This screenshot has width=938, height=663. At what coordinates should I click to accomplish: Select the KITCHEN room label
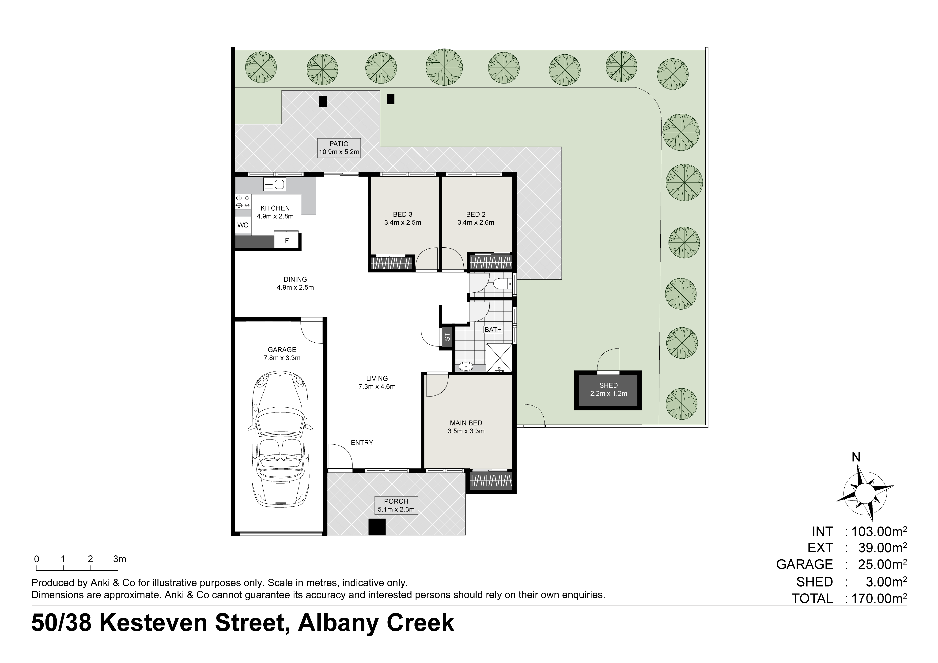click(x=275, y=208)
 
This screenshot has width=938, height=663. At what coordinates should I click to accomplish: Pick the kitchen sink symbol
click(x=275, y=185)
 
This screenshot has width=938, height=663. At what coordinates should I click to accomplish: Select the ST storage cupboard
click(x=447, y=337)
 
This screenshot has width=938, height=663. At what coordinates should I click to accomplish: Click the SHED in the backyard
click(x=608, y=390)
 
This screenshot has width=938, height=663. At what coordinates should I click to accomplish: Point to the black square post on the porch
click(x=377, y=527)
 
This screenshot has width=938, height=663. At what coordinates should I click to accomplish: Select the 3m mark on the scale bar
click(x=120, y=559)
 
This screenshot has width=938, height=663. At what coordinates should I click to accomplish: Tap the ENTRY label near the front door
click(x=362, y=443)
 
